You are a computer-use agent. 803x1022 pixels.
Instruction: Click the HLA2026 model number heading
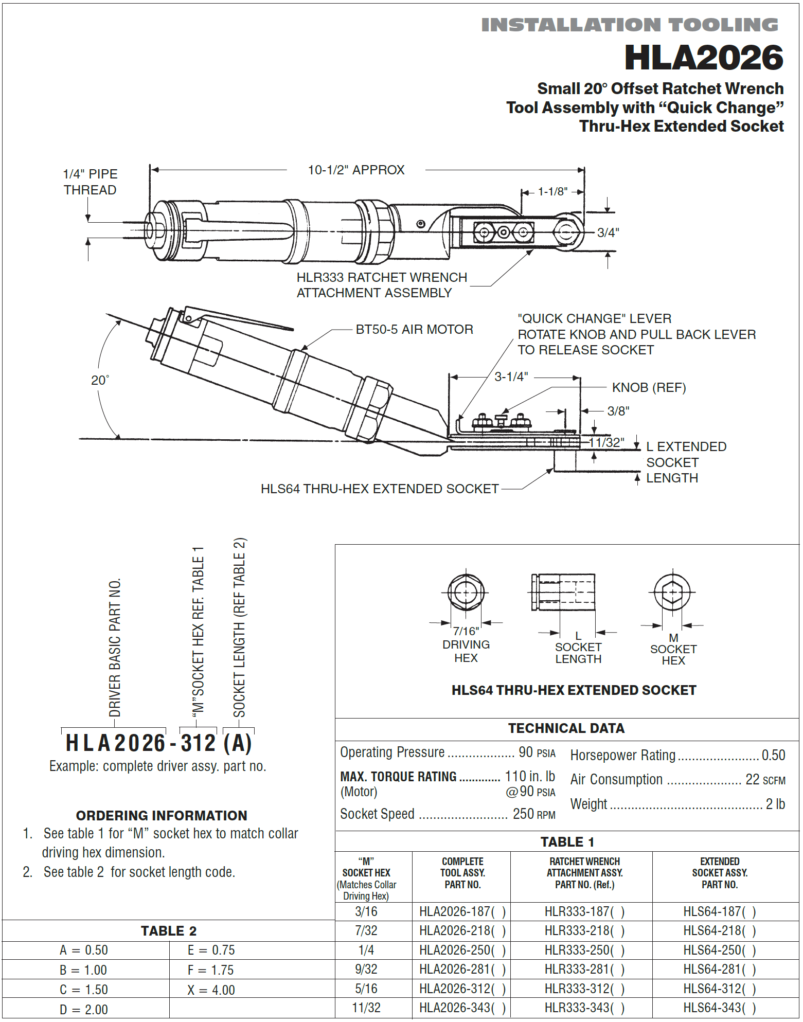click(703, 58)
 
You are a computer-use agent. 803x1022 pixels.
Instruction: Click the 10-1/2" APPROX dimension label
click(356, 170)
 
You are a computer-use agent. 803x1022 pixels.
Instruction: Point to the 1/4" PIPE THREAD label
click(90, 182)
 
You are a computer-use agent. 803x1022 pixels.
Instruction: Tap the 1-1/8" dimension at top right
click(552, 191)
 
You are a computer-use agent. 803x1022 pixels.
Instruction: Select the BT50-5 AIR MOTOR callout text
click(414, 329)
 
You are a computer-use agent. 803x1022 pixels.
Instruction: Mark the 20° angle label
click(100, 380)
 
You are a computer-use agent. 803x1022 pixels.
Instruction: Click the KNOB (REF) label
click(649, 387)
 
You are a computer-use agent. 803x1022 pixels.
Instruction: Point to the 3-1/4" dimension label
click(511, 376)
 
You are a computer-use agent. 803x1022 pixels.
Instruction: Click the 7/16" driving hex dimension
click(466, 631)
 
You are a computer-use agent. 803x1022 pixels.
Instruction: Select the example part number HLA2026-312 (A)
click(158, 743)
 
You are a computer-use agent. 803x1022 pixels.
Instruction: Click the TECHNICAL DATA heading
click(566, 728)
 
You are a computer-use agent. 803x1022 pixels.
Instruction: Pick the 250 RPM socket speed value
click(533, 814)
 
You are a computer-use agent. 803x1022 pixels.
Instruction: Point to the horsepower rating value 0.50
click(773, 755)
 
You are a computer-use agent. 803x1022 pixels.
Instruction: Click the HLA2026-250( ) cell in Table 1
click(462, 950)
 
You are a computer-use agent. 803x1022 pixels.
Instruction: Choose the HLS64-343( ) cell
click(719, 1008)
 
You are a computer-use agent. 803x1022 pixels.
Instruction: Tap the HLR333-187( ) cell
click(584, 911)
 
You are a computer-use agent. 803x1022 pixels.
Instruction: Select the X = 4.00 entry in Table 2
click(211, 990)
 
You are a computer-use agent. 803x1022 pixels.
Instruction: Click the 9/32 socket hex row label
click(366, 969)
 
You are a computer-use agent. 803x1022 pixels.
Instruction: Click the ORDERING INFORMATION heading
click(162, 815)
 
